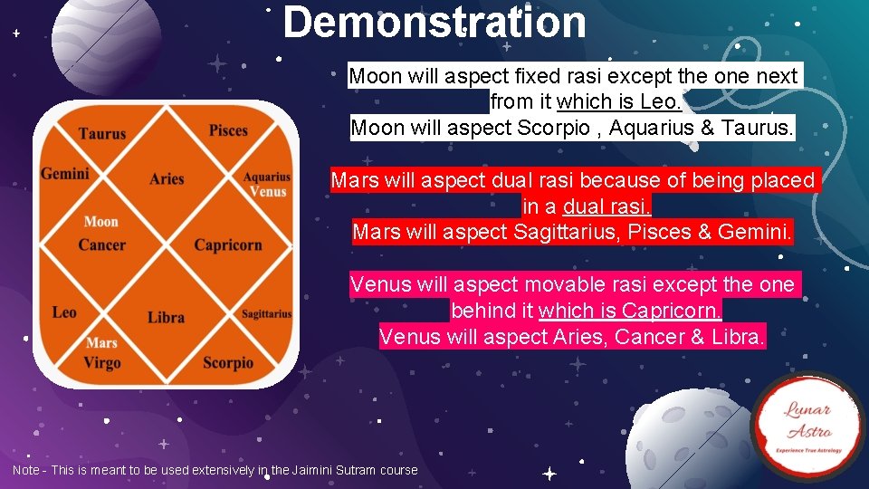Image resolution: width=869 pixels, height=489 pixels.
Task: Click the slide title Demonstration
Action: [434, 23]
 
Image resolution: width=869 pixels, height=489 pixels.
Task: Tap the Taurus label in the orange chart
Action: [102, 134]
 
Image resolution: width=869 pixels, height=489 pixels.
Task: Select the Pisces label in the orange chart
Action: [228, 130]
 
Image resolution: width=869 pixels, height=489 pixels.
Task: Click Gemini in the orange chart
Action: [65, 173]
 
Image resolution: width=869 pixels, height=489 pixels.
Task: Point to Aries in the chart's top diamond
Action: [167, 178]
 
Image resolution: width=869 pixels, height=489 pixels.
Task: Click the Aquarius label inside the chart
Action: [267, 177]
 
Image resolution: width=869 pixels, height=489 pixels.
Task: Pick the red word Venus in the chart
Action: [268, 191]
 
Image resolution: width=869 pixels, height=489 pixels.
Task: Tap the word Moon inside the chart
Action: [101, 221]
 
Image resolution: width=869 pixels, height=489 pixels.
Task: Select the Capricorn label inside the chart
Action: [228, 244]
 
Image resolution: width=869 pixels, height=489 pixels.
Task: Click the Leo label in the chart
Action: [64, 312]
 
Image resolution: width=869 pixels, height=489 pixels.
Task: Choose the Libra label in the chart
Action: [166, 317]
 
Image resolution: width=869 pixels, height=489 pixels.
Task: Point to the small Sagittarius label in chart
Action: [267, 314]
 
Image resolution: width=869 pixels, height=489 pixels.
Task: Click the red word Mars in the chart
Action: [101, 343]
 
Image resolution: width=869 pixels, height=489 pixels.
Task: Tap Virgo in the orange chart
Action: [101, 362]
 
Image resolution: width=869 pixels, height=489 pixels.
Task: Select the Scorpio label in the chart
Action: [228, 362]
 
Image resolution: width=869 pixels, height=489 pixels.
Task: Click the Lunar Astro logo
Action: [808, 427]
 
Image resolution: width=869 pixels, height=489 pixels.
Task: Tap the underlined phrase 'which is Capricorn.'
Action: [631, 311]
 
